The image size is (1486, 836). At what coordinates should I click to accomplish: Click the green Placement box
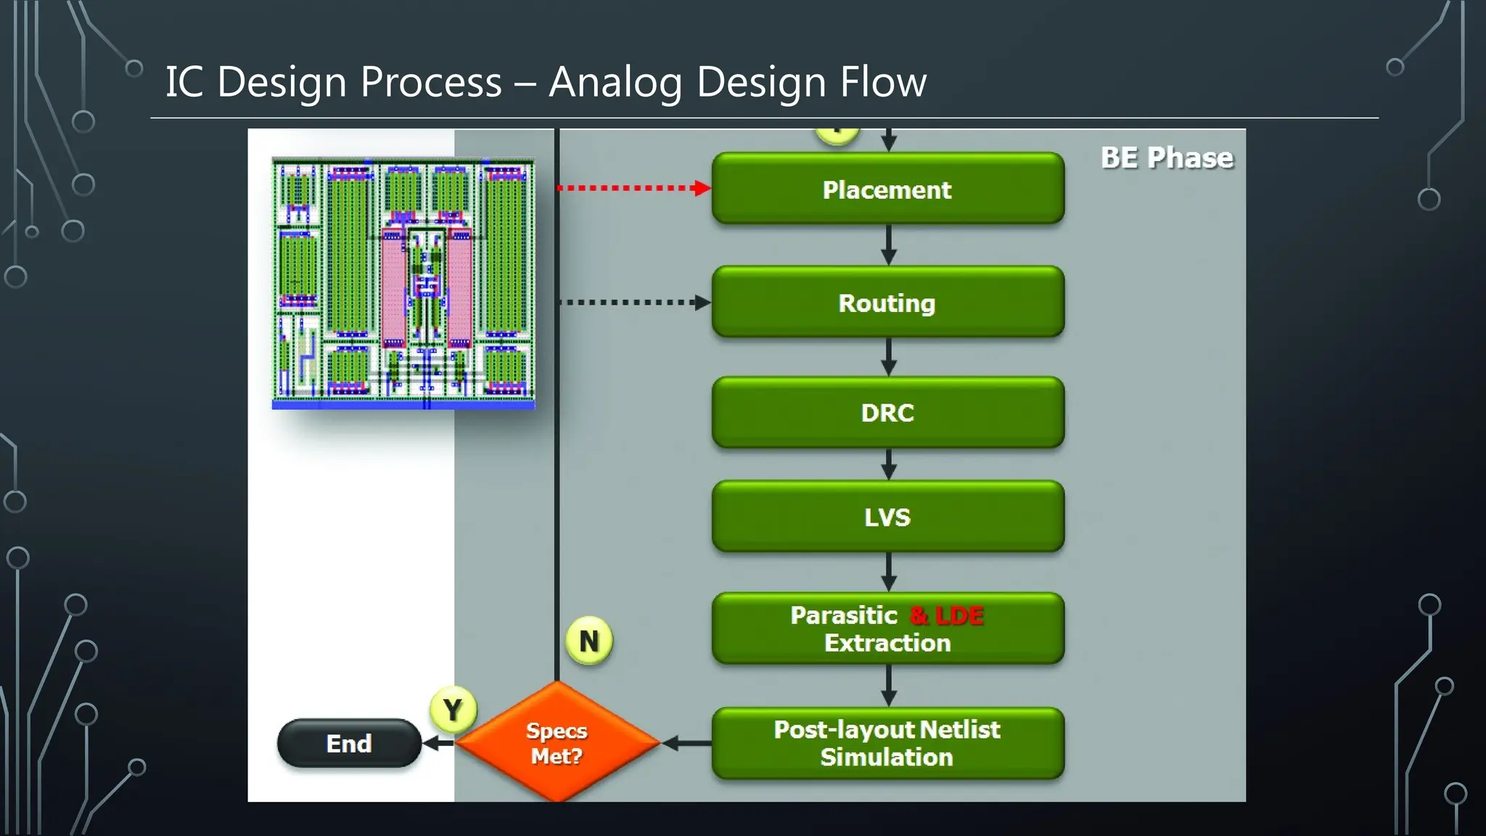pyautogui.click(x=887, y=189)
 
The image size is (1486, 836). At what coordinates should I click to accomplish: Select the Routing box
pyautogui.click(x=887, y=302)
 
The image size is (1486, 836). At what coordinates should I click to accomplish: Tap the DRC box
pyautogui.click(x=887, y=412)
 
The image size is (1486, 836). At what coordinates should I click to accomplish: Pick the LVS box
pyautogui.click(x=887, y=517)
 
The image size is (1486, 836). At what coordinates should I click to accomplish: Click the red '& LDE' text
pyautogui.click(x=946, y=615)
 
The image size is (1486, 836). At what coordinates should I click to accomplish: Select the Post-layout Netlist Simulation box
pyautogui.click(x=887, y=743)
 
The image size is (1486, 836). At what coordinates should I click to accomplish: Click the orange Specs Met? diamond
pyautogui.click(x=557, y=742)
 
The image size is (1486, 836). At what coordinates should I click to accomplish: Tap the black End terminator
pyautogui.click(x=349, y=743)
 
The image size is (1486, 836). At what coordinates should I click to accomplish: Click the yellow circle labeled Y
pyautogui.click(x=453, y=709)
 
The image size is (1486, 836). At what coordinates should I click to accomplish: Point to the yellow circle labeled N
pyautogui.click(x=588, y=641)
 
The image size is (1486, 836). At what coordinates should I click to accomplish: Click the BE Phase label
pyautogui.click(x=1166, y=157)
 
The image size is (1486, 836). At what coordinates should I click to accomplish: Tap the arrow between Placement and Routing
pyautogui.click(x=889, y=245)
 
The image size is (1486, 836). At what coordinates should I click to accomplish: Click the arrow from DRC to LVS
pyautogui.click(x=889, y=464)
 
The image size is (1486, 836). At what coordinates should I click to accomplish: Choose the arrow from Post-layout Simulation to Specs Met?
pyautogui.click(x=686, y=743)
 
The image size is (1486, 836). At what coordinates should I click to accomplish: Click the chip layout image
pyautogui.click(x=403, y=283)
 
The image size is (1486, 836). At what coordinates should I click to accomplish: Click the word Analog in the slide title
pyautogui.click(x=615, y=81)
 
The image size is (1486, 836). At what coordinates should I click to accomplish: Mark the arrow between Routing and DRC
pyautogui.click(x=889, y=357)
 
